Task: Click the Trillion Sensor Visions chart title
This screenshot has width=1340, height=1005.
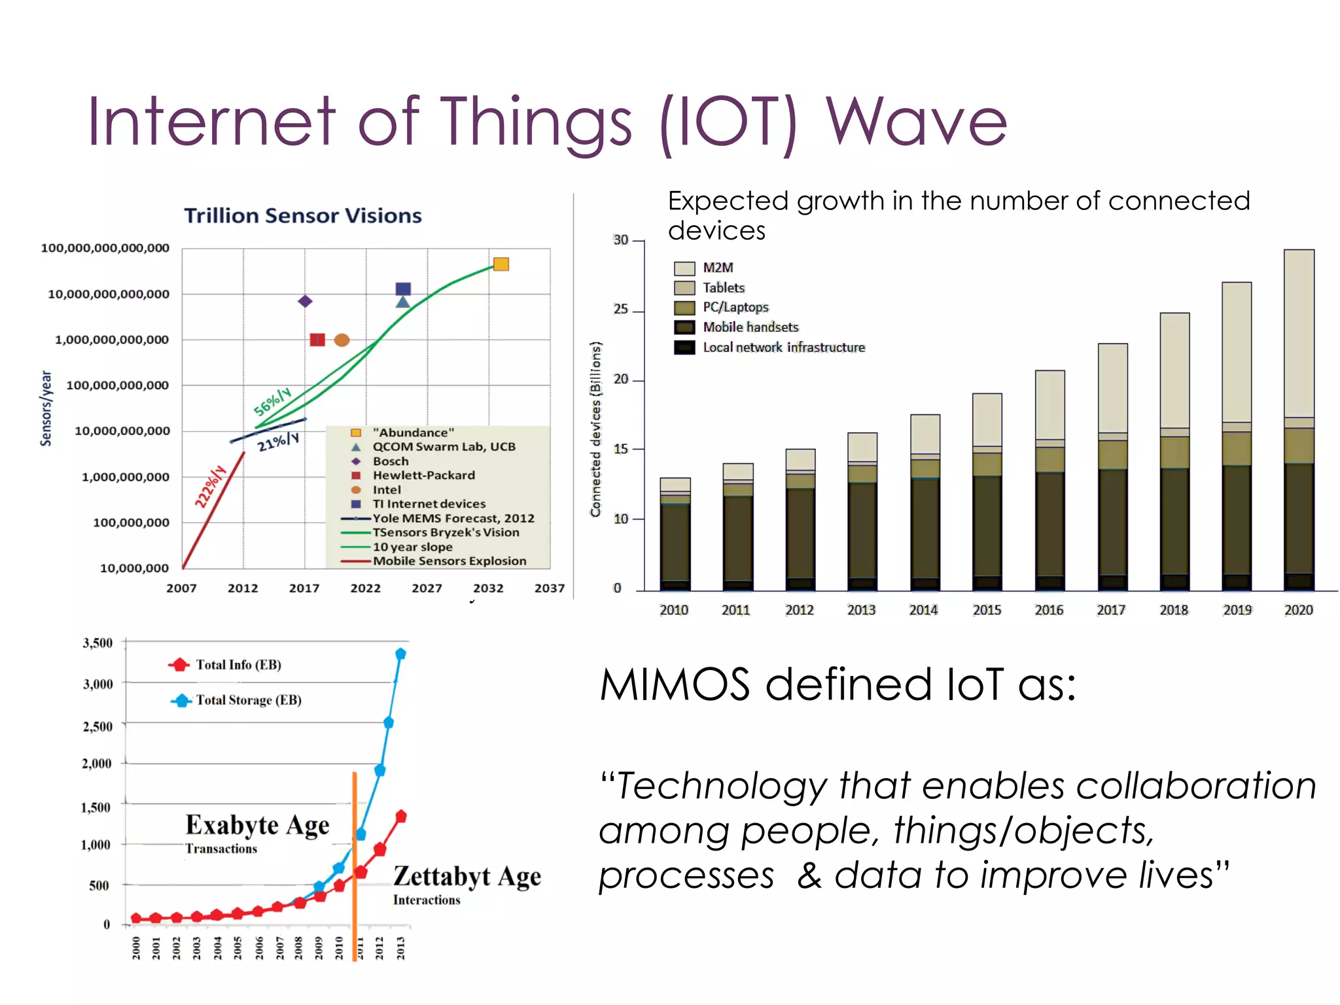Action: pyautogui.click(x=302, y=215)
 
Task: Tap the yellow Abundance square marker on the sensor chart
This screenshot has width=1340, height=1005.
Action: pyautogui.click(x=501, y=264)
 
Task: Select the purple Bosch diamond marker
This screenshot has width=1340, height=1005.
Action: pyautogui.click(x=305, y=301)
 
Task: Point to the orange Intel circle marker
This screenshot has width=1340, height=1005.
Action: pyautogui.click(x=342, y=340)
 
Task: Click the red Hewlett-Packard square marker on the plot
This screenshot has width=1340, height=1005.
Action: pyautogui.click(x=317, y=340)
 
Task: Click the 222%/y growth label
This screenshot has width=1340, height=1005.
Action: pyautogui.click(x=210, y=486)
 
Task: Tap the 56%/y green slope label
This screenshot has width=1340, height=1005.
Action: pyautogui.click(x=272, y=401)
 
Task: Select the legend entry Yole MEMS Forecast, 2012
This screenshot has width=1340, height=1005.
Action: pyautogui.click(x=453, y=518)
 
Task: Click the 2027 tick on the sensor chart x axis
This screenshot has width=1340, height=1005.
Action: pyautogui.click(x=427, y=588)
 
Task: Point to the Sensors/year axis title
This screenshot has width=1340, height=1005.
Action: pyautogui.click(x=46, y=408)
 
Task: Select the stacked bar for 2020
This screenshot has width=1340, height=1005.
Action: pyautogui.click(x=1298, y=419)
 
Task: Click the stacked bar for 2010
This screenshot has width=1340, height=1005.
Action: pyautogui.click(x=675, y=533)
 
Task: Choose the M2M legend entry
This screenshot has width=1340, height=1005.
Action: pyautogui.click(x=718, y=268)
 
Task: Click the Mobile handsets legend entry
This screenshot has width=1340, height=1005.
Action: pyautogui.click(x=750, y=327)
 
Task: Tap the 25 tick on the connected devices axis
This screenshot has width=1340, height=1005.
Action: pyautogui.click(x=620, y=309)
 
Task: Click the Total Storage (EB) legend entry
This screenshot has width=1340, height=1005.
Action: pyautogui.click(x=249, y=700)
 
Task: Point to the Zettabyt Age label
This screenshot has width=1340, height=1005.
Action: pyautogui.click(x=467, y=876)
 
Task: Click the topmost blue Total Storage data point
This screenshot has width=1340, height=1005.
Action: pyautogui.click(x=400, y=654)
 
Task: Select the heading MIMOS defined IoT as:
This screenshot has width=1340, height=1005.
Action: pyautogui.click(x=837, y=684)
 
